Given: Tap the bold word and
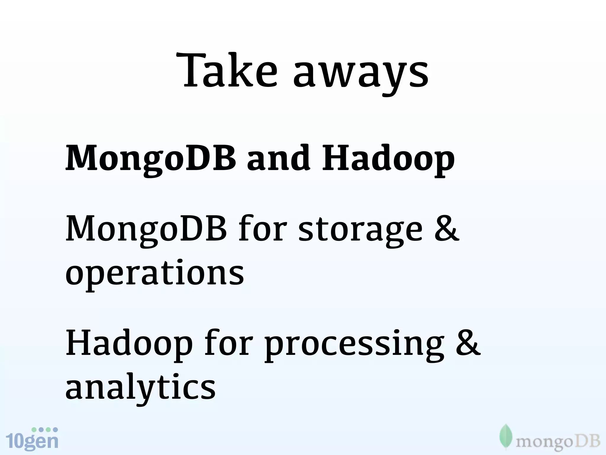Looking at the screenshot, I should [x=278, y=158].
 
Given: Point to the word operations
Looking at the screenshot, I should [x=154, y=274].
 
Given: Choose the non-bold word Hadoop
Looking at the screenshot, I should [x=129, y=345].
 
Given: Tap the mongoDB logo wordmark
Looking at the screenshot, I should [x=558, y=442].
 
